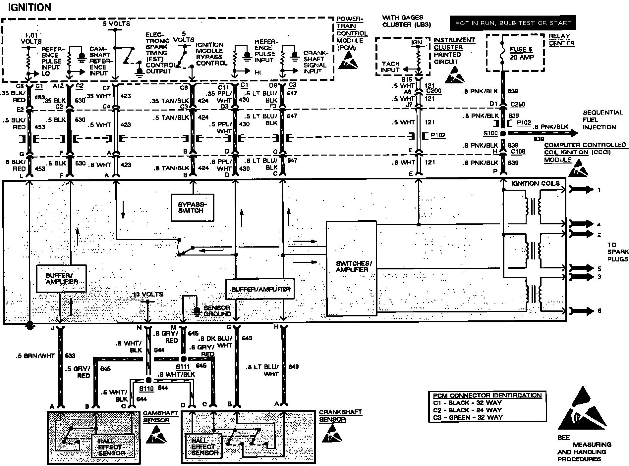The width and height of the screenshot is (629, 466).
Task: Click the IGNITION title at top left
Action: [29, 7]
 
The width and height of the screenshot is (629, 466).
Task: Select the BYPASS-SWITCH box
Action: [192, 208]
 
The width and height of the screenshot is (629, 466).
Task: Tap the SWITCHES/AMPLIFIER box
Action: [352, 267]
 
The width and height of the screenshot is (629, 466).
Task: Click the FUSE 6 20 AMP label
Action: [522, 53]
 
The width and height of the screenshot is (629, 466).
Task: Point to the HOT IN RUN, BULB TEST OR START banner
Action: [512, 23]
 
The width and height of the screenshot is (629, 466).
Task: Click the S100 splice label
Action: [490, 133]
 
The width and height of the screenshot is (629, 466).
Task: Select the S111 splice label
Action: [183, 367]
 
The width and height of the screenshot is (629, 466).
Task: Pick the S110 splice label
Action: [146, 389]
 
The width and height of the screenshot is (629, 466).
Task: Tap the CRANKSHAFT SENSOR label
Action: [340, 416]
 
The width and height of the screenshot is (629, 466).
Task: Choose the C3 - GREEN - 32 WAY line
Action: [468, 417]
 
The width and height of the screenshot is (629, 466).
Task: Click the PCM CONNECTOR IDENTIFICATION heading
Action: [487, 395]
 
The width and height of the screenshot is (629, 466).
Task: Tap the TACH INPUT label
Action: [390, 67]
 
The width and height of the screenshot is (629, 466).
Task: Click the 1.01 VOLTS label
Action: [31, 38]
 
